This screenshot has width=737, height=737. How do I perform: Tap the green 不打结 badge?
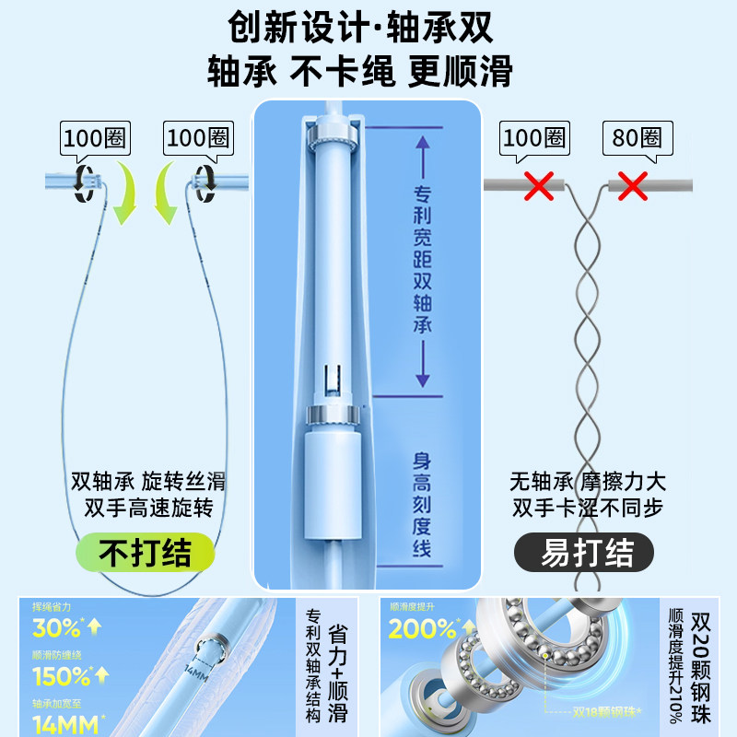146,553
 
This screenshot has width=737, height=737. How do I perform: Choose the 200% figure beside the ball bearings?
422,628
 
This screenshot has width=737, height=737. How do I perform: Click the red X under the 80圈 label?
632,185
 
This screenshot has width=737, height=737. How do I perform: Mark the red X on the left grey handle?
539,185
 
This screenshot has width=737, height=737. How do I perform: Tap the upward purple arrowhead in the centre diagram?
423,145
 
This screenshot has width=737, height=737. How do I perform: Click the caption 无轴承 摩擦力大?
587,481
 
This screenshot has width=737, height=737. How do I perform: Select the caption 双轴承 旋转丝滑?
147,481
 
